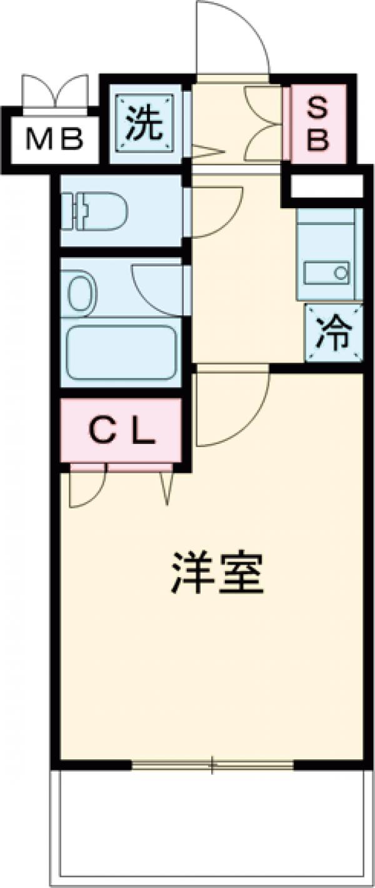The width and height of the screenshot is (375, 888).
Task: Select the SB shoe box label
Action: pos(317,125)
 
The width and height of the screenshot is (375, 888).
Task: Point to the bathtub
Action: pos(121,351)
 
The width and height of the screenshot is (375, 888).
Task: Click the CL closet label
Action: pos(121,431)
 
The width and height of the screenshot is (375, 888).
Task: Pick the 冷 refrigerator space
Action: pos(333,335)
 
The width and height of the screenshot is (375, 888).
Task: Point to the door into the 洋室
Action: pos(231,410)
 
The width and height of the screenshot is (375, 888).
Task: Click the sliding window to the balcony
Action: pos(212,764)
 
